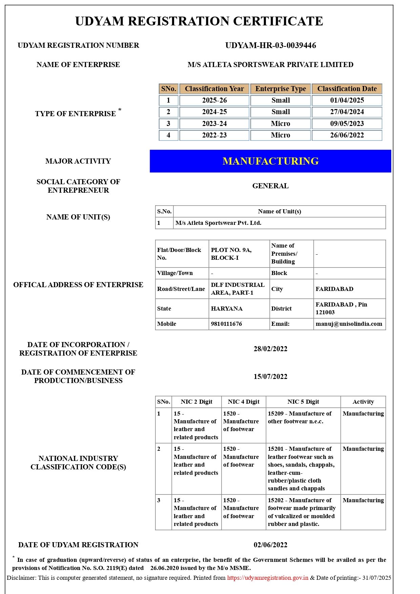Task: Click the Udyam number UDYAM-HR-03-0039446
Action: (x=270, y=45)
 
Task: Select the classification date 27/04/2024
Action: (x=347, y=112)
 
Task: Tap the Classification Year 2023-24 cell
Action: (x=214, y=124)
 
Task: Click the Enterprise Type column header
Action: (x=280, y=89)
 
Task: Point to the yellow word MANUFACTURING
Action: (x=270, y=161)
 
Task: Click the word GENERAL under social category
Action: (x=270, y=186)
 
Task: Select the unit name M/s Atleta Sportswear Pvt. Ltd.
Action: (x=218, y=223)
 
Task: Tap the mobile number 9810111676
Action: (x=226, y=324)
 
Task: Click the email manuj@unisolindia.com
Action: (x=349, y=324)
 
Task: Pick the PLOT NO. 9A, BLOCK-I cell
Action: (x=231, y=254)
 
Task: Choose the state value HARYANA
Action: (x=227, y=309)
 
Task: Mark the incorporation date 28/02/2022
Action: (x=270, y=349)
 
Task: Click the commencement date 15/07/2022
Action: (x=270, y=377)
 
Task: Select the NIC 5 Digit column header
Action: (x=303, y=402)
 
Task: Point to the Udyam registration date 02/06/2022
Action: (x=270, y=545)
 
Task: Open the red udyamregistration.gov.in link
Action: (x=268, y=578)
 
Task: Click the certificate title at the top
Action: (x=199, y=21)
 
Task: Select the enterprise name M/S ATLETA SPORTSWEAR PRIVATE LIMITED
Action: (x=270, y=65)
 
